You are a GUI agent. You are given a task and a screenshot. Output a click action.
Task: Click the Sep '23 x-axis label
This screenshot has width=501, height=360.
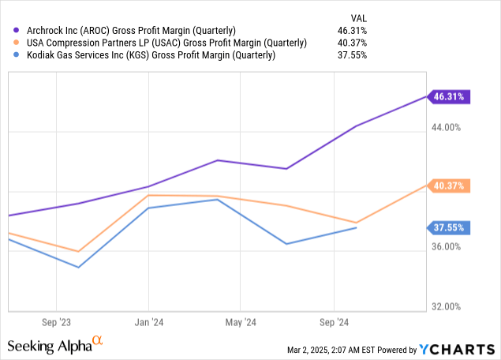click(56, 322)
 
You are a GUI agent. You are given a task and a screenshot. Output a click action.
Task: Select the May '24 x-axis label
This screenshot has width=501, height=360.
click(241, 322)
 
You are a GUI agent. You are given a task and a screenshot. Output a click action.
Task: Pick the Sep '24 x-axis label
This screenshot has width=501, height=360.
click(333, 322)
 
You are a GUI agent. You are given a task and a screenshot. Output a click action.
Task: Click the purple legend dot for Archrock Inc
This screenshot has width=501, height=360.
click(11, 31)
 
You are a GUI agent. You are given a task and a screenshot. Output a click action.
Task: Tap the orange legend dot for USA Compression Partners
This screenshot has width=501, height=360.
click(11, 43)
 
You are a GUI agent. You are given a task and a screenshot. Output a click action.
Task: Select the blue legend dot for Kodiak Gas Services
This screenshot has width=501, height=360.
click(11, 56)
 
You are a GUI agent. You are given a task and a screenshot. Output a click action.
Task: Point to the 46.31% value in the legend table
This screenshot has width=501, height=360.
click(352, 31)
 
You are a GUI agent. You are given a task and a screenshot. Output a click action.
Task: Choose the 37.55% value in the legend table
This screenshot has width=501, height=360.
click(352, 56)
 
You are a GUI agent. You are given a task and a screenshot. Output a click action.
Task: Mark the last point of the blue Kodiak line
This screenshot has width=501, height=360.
click(357, 227)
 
